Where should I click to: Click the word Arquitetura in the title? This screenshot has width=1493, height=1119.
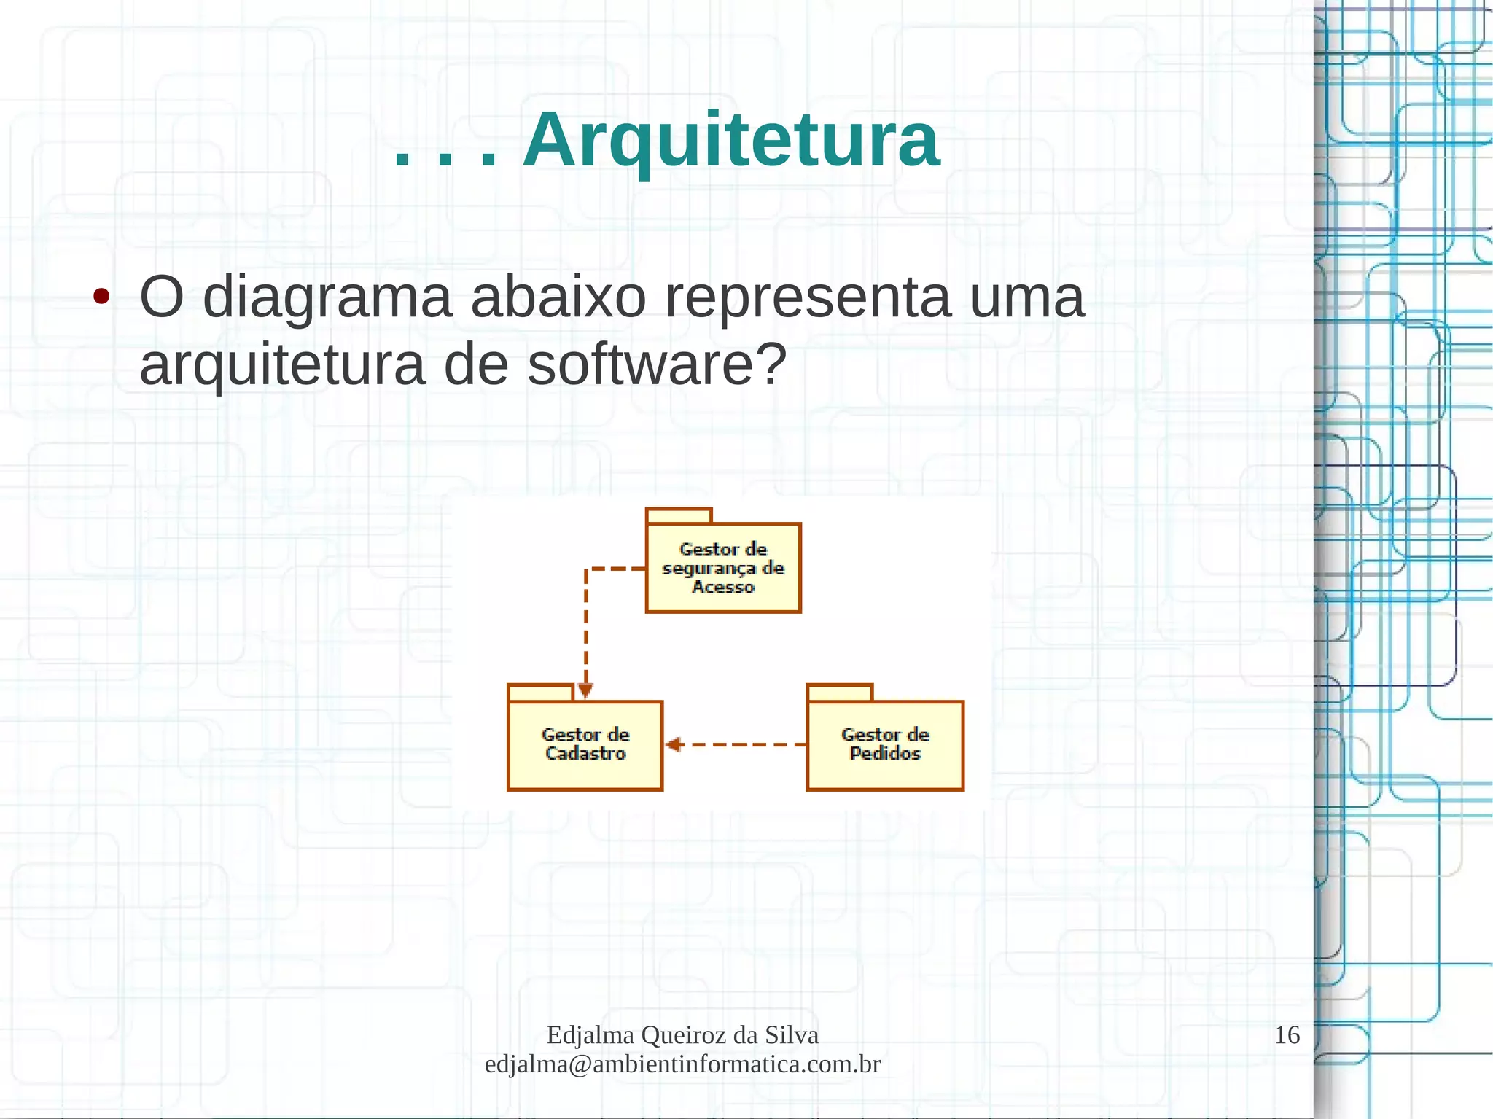point(731,140)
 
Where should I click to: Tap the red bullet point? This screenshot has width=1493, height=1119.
point(101,297)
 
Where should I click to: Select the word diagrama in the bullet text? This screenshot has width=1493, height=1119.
point(327,297)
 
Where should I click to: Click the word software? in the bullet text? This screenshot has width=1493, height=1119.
point(657,364)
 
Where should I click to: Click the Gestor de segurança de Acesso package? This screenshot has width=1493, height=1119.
point(723,568)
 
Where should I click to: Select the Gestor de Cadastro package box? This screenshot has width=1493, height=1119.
point(585,744)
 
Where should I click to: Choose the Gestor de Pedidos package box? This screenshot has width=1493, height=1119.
point(885,744)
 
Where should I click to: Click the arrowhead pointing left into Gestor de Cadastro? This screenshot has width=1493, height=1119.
point(672,744)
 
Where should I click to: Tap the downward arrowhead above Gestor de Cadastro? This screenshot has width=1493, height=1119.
point(585,690)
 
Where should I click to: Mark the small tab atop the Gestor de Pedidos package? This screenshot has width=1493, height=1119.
point(839,693)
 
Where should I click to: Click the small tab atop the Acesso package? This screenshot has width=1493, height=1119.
point(678,516)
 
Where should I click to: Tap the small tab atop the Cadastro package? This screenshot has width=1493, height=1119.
point(540,693)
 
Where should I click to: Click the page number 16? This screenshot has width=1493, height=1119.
point(1287,1034)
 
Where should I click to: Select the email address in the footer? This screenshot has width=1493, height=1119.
point(682,1064)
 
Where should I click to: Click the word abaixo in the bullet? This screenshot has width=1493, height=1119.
point(558,297)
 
